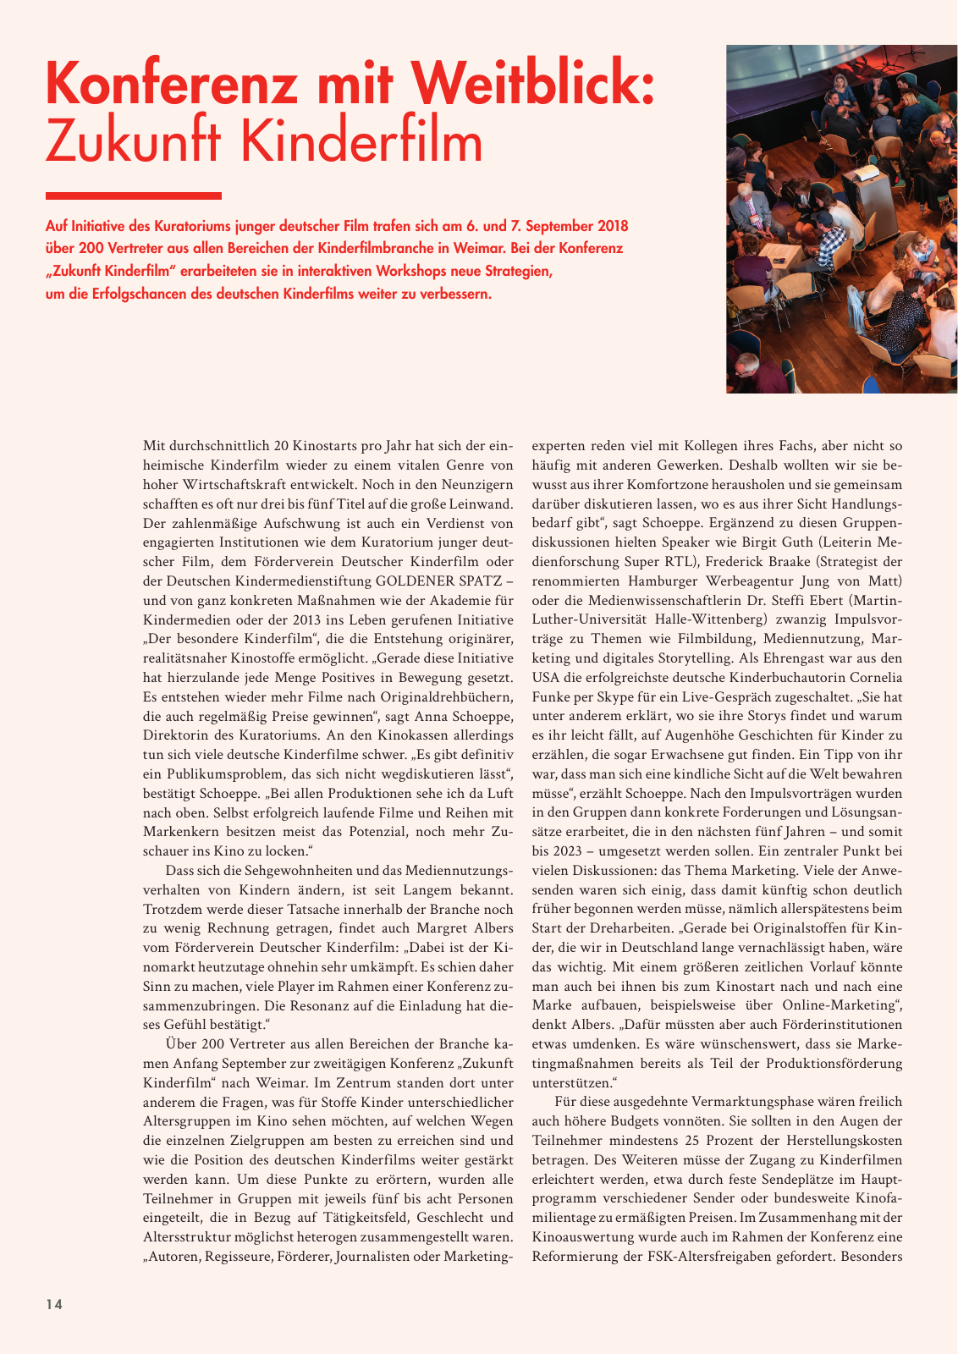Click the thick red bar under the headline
point(134,195)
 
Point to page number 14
point(54,1304)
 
